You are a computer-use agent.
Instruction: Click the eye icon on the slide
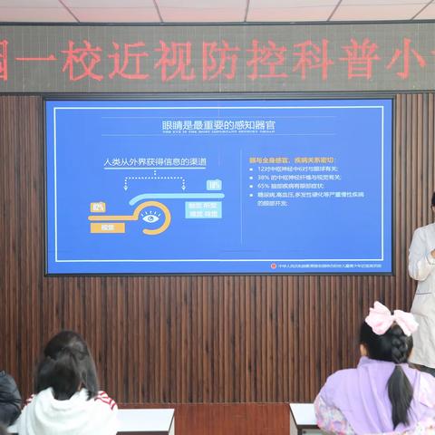150,217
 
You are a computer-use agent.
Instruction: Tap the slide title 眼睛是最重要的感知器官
217,123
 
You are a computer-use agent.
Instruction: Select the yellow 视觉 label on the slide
108,227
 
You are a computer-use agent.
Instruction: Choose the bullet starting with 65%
295,186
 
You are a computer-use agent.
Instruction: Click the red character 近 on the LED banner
129,61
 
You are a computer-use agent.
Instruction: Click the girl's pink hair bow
391,318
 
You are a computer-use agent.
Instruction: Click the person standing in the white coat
422,290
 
